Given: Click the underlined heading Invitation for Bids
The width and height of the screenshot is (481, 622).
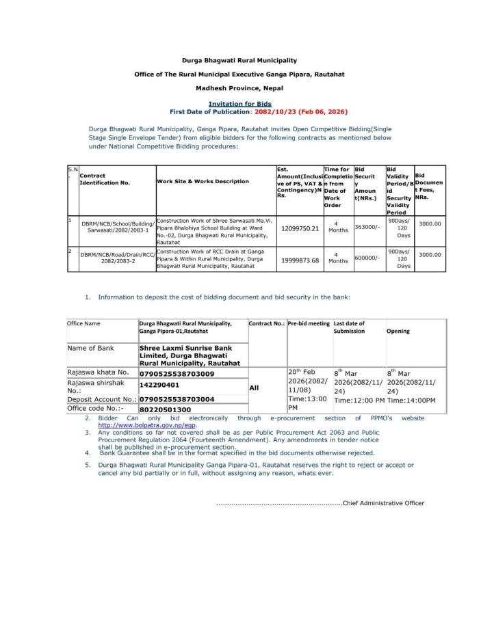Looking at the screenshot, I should pyautogui.click(x=239, y=103).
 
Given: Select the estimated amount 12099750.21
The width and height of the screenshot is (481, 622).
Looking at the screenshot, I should pyautogui.click(x=300, y=228).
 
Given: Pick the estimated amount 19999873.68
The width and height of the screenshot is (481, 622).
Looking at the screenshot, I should pyautogui.click(x=300, y=260).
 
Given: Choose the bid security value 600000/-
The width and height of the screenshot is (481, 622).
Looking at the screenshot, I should pyautogui.click(x=367, y=257).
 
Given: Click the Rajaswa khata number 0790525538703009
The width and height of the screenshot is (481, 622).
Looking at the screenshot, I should pyautogui.click(x=177, y=374).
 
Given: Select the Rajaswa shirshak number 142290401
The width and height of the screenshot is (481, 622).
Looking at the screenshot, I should pyautogui.click(x=165, y=386).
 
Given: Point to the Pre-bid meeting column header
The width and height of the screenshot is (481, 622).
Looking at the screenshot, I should pyautogui.click(x=309, y=323).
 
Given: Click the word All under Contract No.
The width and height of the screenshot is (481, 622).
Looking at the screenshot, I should pyautogui.click(x=255, y=387).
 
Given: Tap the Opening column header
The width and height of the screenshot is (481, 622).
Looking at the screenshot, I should pyautogui.click(x=398, y=332).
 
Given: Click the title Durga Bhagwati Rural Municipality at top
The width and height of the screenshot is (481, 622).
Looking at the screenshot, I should pyautogui.click(x=239, y=61).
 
